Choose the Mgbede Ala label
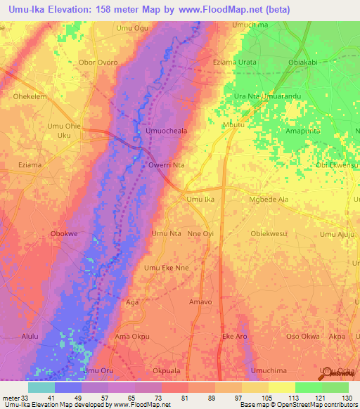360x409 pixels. click(269, 200)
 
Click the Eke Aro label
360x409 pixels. click(235, 337)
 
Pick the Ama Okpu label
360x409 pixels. click(132, 337)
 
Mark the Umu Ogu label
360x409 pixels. click(133, 28)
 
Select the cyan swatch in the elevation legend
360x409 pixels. click(41, 387)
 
